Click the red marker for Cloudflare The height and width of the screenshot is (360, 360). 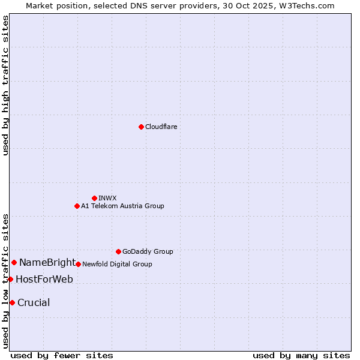click(x=141, y=127)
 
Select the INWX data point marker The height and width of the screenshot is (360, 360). click(x=94, y=198)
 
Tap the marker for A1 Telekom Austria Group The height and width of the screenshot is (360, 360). click(x=77, y=206)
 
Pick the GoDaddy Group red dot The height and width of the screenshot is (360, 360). click(x=118, y=251)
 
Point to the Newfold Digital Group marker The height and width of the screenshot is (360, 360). click(x=78, y=264)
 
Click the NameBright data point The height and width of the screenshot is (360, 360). click(x=14, y=262)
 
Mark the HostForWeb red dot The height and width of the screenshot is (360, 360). click(x=10, y=279)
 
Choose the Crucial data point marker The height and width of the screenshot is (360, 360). click(x=12, y=302)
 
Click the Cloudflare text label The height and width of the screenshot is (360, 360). click(x=161, y=127)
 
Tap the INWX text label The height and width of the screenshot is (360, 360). click(x=108, y=198)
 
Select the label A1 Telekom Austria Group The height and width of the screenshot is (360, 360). click(x=122, y=206)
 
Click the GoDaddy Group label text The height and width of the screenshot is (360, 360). click(x=148, y=251)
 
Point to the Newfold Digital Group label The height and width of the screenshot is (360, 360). click(x=117, y=264)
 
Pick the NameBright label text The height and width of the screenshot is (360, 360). click(x=47, y=262)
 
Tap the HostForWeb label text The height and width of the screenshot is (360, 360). click(x=44, y=279)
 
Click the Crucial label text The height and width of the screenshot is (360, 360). click(x=34, y=302)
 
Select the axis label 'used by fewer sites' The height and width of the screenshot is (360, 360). click(x=62, y=355)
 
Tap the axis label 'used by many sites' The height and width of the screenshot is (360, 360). click(x=301, y=355)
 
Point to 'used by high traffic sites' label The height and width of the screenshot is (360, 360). click(x=5, y=85)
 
